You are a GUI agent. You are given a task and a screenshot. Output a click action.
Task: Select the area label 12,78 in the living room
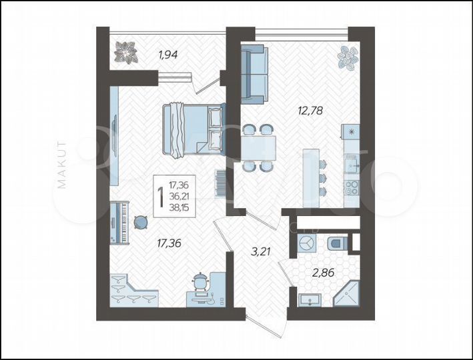(x=310, y=111)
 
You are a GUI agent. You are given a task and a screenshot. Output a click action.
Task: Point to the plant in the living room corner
(x=346, y=57)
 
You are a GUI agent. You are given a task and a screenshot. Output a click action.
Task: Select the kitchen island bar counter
(x=311, y=177)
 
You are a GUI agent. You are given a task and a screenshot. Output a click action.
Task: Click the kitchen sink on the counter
(x=351, y=161)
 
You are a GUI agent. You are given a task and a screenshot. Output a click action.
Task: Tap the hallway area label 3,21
(x=260, y=253)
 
